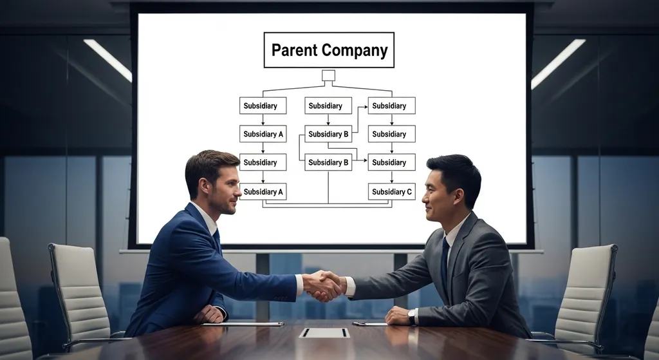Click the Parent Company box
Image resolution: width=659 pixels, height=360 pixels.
(329, 50)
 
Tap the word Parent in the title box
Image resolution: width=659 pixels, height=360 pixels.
(294, 50)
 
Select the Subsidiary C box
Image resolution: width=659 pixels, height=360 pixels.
(391, 191)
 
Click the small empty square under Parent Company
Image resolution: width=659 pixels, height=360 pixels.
(328, 75)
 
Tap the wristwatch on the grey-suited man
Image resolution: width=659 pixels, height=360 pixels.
(412, 316)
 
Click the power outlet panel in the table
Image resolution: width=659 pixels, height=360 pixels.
(324, 332)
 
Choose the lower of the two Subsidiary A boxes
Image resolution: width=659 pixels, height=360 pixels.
(263, 191)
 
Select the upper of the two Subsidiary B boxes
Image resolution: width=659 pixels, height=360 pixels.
(328, 134)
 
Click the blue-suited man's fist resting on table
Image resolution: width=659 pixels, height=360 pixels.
(209, 314)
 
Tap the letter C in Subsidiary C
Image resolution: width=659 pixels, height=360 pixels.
(410, 191)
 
